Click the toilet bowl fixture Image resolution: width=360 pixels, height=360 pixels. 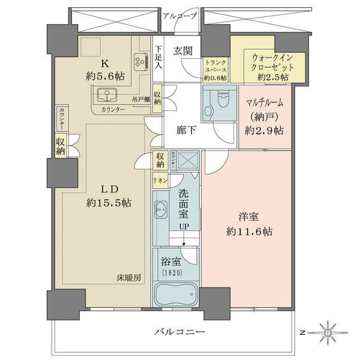click(x=223, y=99)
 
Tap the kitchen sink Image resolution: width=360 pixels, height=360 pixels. click(x=107, y=95)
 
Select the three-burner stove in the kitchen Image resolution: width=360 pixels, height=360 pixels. click(x=140, y=62)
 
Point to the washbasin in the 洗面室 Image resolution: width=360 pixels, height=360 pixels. click(x=161, y=209)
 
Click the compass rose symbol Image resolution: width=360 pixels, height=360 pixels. click(x=328, y=332)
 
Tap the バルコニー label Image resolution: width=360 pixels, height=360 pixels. click(x=179, y=332)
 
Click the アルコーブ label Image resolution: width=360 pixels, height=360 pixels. click(x=180, y=16)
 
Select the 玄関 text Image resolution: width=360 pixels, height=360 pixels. click(x=183, y=51)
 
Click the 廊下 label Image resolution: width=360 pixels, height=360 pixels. click(x=186, y=130)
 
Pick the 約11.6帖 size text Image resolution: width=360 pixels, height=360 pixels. click(x=250, y=232)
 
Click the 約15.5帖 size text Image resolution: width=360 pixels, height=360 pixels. click(x=109, y=203)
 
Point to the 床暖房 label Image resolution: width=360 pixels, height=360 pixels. click(x=128, y=278)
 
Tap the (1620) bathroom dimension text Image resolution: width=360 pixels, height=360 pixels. click(x=173, y=272)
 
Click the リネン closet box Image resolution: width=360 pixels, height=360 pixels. click(x=161, y=181)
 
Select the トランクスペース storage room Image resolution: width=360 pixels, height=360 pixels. click(x=215, y=70)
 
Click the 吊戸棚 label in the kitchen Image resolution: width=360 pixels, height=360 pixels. click(x=141, y=100)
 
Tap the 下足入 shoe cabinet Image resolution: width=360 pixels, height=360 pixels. click(x=158, y=59)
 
